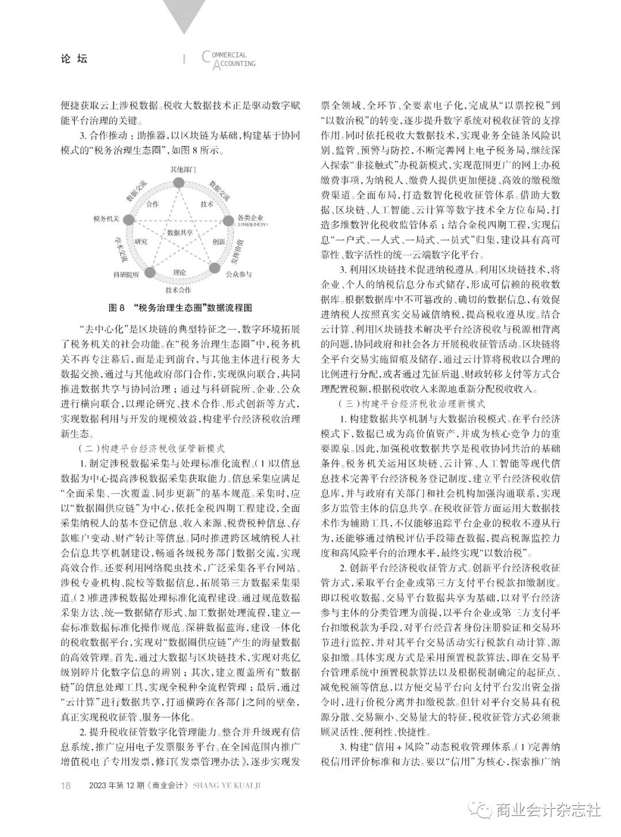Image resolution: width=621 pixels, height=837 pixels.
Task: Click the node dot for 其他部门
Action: click(179, 183)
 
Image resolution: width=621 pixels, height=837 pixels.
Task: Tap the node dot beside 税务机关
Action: click(129, 220)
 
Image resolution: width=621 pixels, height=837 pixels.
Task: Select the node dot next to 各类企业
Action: click(228, 219)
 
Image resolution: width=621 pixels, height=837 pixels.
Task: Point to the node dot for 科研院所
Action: click(149, 272)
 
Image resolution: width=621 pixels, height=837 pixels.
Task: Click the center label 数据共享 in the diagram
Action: click(179, 232)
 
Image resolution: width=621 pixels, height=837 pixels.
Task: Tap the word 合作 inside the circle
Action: click(153, 204)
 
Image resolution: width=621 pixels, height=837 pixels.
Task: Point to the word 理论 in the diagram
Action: click(179, 271)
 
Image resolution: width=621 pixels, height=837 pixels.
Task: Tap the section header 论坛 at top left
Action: click(74, 59)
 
